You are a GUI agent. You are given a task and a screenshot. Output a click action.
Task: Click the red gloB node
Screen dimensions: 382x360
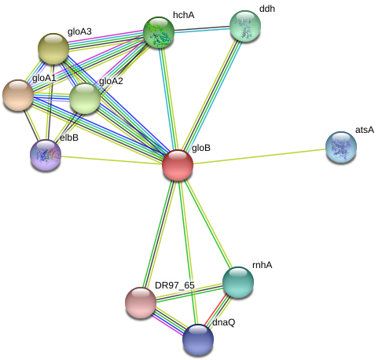(178, 165)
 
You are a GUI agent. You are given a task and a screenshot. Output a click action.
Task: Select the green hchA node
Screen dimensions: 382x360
(159, 32)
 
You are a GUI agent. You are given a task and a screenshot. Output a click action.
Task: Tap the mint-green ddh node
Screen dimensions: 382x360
(245, 26)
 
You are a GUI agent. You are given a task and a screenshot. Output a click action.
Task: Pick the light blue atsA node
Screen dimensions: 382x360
(341, 147)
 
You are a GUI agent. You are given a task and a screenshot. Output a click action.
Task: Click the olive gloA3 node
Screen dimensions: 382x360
(53, 49)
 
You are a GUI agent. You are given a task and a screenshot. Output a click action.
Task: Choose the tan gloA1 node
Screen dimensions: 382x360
(18, 95)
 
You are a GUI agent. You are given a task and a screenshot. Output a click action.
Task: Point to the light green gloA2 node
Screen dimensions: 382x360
(85, 98)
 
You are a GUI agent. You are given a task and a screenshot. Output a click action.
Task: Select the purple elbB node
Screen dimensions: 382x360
(46, 155)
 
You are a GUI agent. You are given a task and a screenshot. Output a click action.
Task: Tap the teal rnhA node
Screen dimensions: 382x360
(238, 282)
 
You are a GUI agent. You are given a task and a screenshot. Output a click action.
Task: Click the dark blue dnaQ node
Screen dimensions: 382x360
(198, 340)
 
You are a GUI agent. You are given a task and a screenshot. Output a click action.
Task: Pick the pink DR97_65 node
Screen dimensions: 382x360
(141, 303)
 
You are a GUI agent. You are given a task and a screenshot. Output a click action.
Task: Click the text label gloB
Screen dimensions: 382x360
(201, 148)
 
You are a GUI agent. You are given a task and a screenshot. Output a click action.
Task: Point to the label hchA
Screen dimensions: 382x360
(184, 15)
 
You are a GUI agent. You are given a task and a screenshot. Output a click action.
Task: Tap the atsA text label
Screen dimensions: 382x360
(365, 130)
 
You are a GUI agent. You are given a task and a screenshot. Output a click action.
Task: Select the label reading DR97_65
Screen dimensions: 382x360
(174, 285)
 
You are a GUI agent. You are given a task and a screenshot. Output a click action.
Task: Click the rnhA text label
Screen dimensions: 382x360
(263, 265)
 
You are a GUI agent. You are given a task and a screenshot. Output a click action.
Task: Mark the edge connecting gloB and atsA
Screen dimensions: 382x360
(259, 156)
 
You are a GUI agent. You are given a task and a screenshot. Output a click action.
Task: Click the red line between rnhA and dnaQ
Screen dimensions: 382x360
(215, 310)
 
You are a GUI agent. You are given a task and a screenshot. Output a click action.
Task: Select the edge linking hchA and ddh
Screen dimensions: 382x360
(202, 29)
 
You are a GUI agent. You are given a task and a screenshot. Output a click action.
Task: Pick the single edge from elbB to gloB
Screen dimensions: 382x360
(112, 160)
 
